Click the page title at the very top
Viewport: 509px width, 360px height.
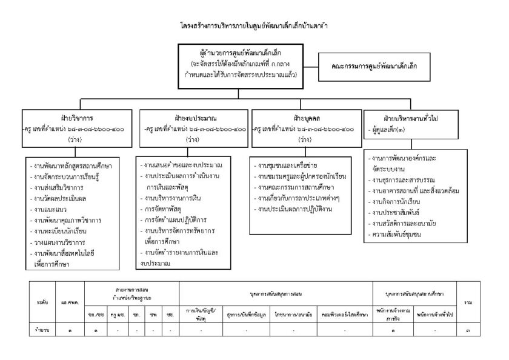(254, 27)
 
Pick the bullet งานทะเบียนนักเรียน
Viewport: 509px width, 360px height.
(63, 231)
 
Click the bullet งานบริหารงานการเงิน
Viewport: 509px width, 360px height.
(174, 198)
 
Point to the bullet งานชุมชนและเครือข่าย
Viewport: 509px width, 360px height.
(288, 165)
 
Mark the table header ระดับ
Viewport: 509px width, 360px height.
(42, 301)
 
